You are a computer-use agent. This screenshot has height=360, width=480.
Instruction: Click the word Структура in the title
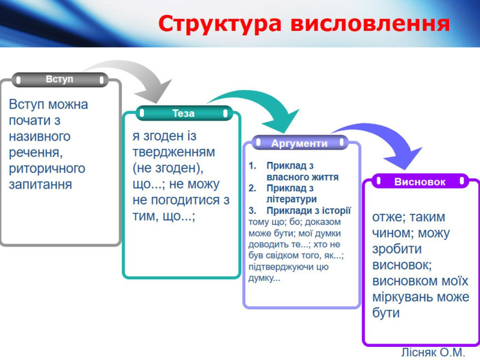click(x=220, y=24)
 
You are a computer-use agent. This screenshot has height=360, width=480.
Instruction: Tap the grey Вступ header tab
click(x=60, y=80)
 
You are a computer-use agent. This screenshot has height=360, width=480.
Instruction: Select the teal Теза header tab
click(x=183, y=113)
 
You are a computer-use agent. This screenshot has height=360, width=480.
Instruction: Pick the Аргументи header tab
click(x=300, y=143)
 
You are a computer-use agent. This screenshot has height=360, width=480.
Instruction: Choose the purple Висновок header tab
click(x=420, y=182)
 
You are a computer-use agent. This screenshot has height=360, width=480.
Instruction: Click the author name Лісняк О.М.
click(x=433, y=352)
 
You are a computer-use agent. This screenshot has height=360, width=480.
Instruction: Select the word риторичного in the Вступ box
click(x=47, y=169)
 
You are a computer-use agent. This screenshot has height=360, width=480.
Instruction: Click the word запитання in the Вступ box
click(x=40, y=184)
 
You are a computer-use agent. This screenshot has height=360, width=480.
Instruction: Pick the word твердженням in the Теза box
click(x=173, y=152)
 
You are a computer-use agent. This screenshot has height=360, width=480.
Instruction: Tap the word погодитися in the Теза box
click(x=186, y=200)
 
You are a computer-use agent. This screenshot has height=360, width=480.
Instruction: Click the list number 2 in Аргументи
click(x=252, y=188)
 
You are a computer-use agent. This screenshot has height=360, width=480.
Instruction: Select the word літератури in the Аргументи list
click(x=291, y=199)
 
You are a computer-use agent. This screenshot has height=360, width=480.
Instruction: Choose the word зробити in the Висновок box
click(x=397, y=249)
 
